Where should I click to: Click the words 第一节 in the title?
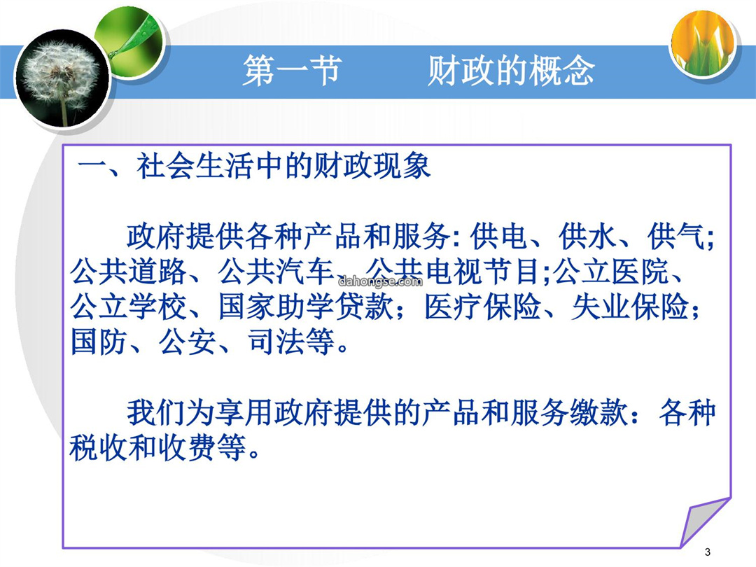[x=292, y=71]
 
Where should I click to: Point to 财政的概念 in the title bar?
[x=511, y=71]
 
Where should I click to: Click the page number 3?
[x=707, y=552]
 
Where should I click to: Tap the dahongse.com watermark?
[x=380, y=281]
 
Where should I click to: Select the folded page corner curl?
[x=706, y=522]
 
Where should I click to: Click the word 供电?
[x=500, y=237]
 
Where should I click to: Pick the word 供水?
[x=587, y=237]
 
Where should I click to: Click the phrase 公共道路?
[x=128, y=272]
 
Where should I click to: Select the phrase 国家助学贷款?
[x=306, y=307]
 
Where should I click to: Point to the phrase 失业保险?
[x=630, y=307]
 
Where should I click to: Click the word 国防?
[x=99, y=342]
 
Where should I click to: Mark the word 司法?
[x=276, y=342]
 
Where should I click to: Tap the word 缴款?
[x=599, y=413]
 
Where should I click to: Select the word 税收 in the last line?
[x=99, y=448]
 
